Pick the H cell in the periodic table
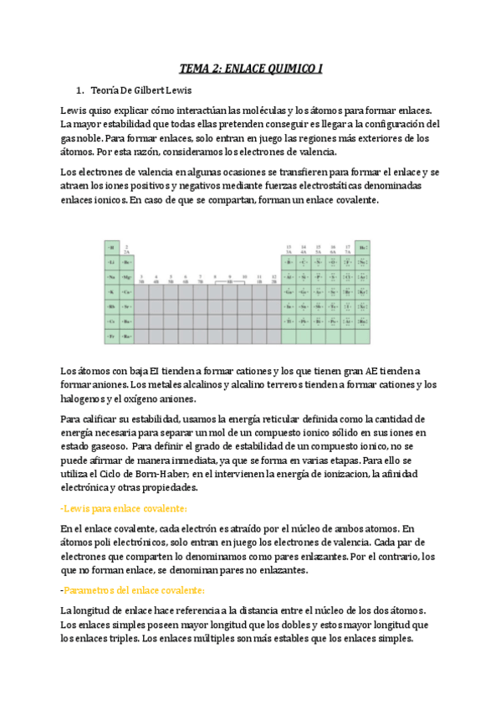[x=111, y=247]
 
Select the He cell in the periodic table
[x=363, y=247]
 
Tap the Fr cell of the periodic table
[x=111, y=337]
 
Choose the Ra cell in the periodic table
[x=126, y=337]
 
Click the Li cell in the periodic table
[x=111, y=262]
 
